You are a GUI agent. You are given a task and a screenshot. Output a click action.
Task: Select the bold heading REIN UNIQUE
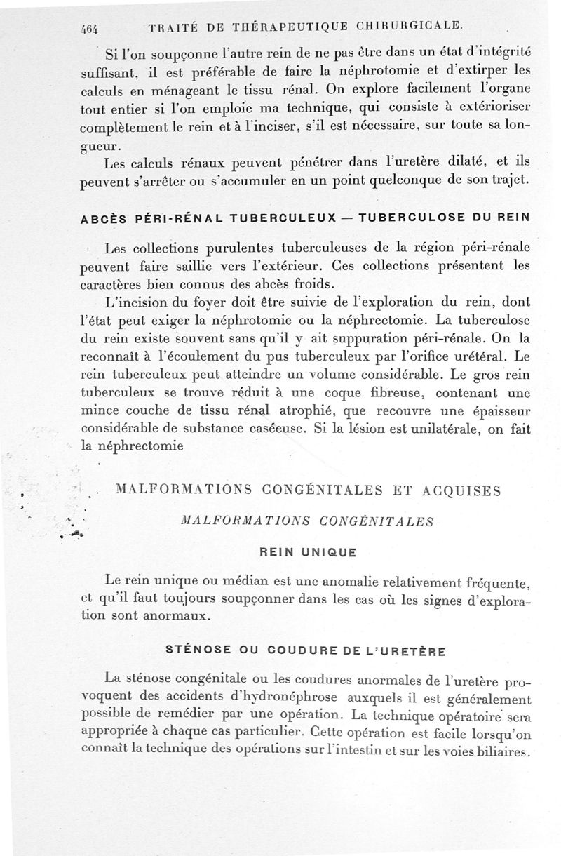309,551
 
